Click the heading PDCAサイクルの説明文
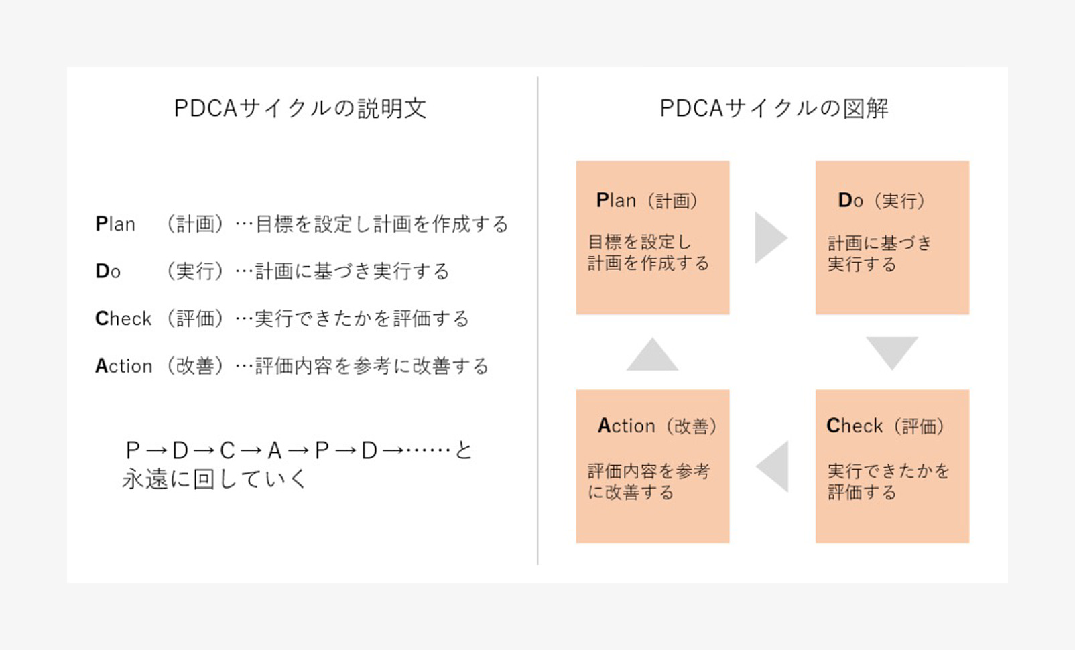tap(300, 108)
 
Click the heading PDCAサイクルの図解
tap(774, 108)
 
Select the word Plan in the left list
tap(115, 224)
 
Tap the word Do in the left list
tap(108, 271)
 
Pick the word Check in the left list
tap(123, 318)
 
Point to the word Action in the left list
tap(124, 365)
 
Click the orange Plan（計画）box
tap(653, 237)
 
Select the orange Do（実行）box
tap(892, 237)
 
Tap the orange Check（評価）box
tap(892, 466)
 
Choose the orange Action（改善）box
tap(653, 466)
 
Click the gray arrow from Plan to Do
tap(770, 238)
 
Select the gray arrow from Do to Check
tap(892, 353)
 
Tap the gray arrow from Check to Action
tap(773, 467)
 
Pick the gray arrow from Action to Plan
tap(652, 355)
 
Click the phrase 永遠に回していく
tap(214, 478)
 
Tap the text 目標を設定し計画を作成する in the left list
tap(382, 224)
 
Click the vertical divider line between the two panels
tap(537, 320)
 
